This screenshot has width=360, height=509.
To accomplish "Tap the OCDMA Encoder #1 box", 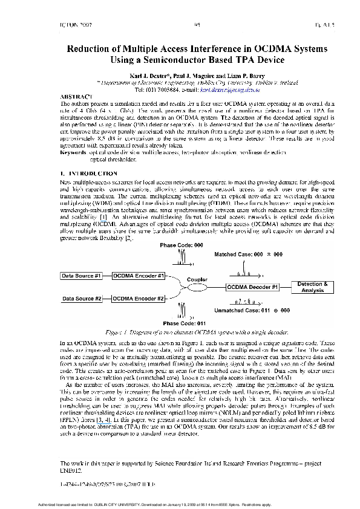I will [139, 276].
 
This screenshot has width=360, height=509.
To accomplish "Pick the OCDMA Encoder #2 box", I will [139, 299].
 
